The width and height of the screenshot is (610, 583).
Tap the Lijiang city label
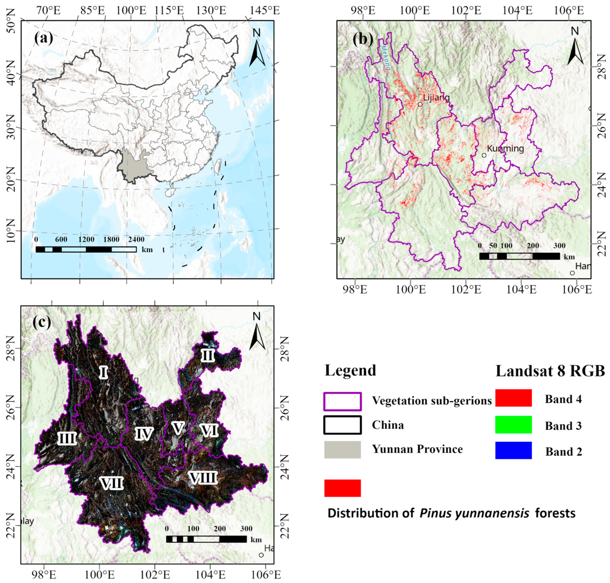[x=436, y=97]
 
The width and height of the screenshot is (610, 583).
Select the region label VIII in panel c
[x=203, y=478]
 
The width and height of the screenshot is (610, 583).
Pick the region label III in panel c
[x=67, y=439]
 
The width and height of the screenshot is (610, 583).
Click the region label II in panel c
[x=207, y=355]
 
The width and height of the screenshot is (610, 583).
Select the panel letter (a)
[x=44, y=38]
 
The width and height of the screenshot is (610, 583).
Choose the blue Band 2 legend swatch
[x=513, y=450]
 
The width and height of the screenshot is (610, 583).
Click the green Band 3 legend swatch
[x=513, y=424]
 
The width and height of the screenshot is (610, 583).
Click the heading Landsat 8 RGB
[x=550, y=371]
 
